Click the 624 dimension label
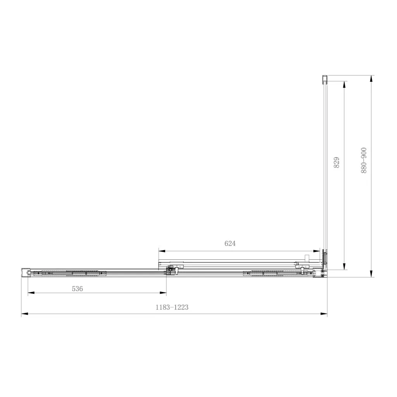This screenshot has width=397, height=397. pos(230,243)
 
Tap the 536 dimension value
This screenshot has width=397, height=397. pos(77,288)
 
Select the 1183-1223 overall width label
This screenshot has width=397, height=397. pos(172,307)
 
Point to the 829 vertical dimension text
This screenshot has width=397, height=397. pos(337,162)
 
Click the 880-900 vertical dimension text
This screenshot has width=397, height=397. pos(364,161)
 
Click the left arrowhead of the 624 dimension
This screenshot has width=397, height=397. pos(162,251)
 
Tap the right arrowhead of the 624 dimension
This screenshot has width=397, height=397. pos(316,251)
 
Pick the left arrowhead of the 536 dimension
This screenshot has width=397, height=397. pos(31,293)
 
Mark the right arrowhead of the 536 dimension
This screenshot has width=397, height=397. pos(163,293)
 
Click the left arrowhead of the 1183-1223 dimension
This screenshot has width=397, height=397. pos(24,314)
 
